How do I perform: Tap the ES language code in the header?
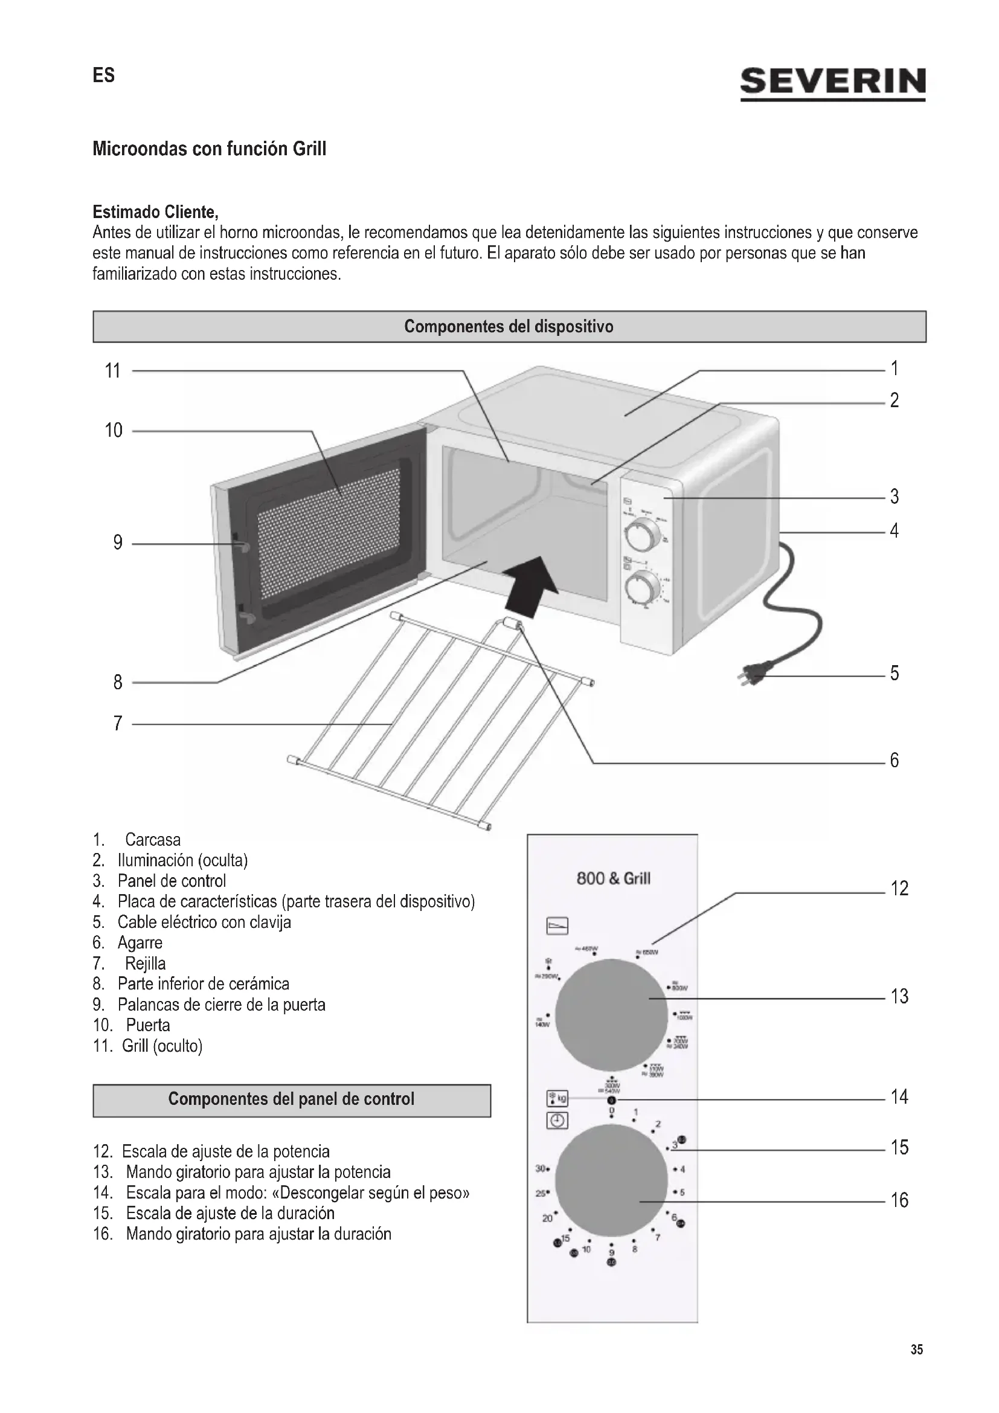(104, 75)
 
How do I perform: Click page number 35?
(917, 1350)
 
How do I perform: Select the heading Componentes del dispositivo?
(509, 326)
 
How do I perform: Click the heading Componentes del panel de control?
(291, 1099)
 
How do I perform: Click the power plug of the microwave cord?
(754, 675)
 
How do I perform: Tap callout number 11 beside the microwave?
(112, 370)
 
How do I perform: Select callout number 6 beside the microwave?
(894, 761)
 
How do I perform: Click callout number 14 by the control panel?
(899, 1096)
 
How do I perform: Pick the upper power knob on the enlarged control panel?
(611, 1015)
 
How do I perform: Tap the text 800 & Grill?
(612, 879)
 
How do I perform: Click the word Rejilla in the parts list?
(145, 963)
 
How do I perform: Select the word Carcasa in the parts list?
(153, 840)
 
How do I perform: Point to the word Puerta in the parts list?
(147, 1025)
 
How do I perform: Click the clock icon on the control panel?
(557, 1119)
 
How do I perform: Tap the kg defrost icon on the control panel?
(557, 1098)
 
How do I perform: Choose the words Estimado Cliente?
(155, 212)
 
